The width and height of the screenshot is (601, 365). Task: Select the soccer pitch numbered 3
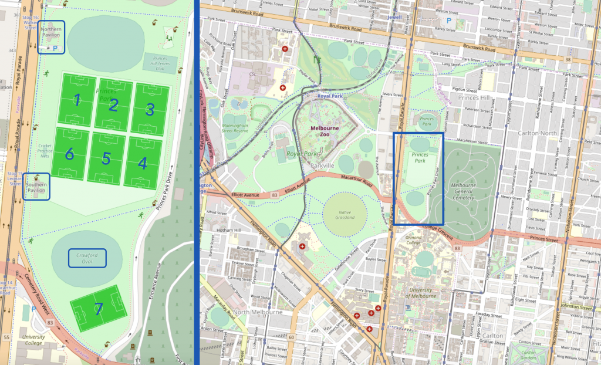[151, 109]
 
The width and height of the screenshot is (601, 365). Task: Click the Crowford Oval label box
[87, 258]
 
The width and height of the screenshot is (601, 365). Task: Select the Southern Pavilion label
[36, 187]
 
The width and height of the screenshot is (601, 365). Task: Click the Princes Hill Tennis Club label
[160, 61]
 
